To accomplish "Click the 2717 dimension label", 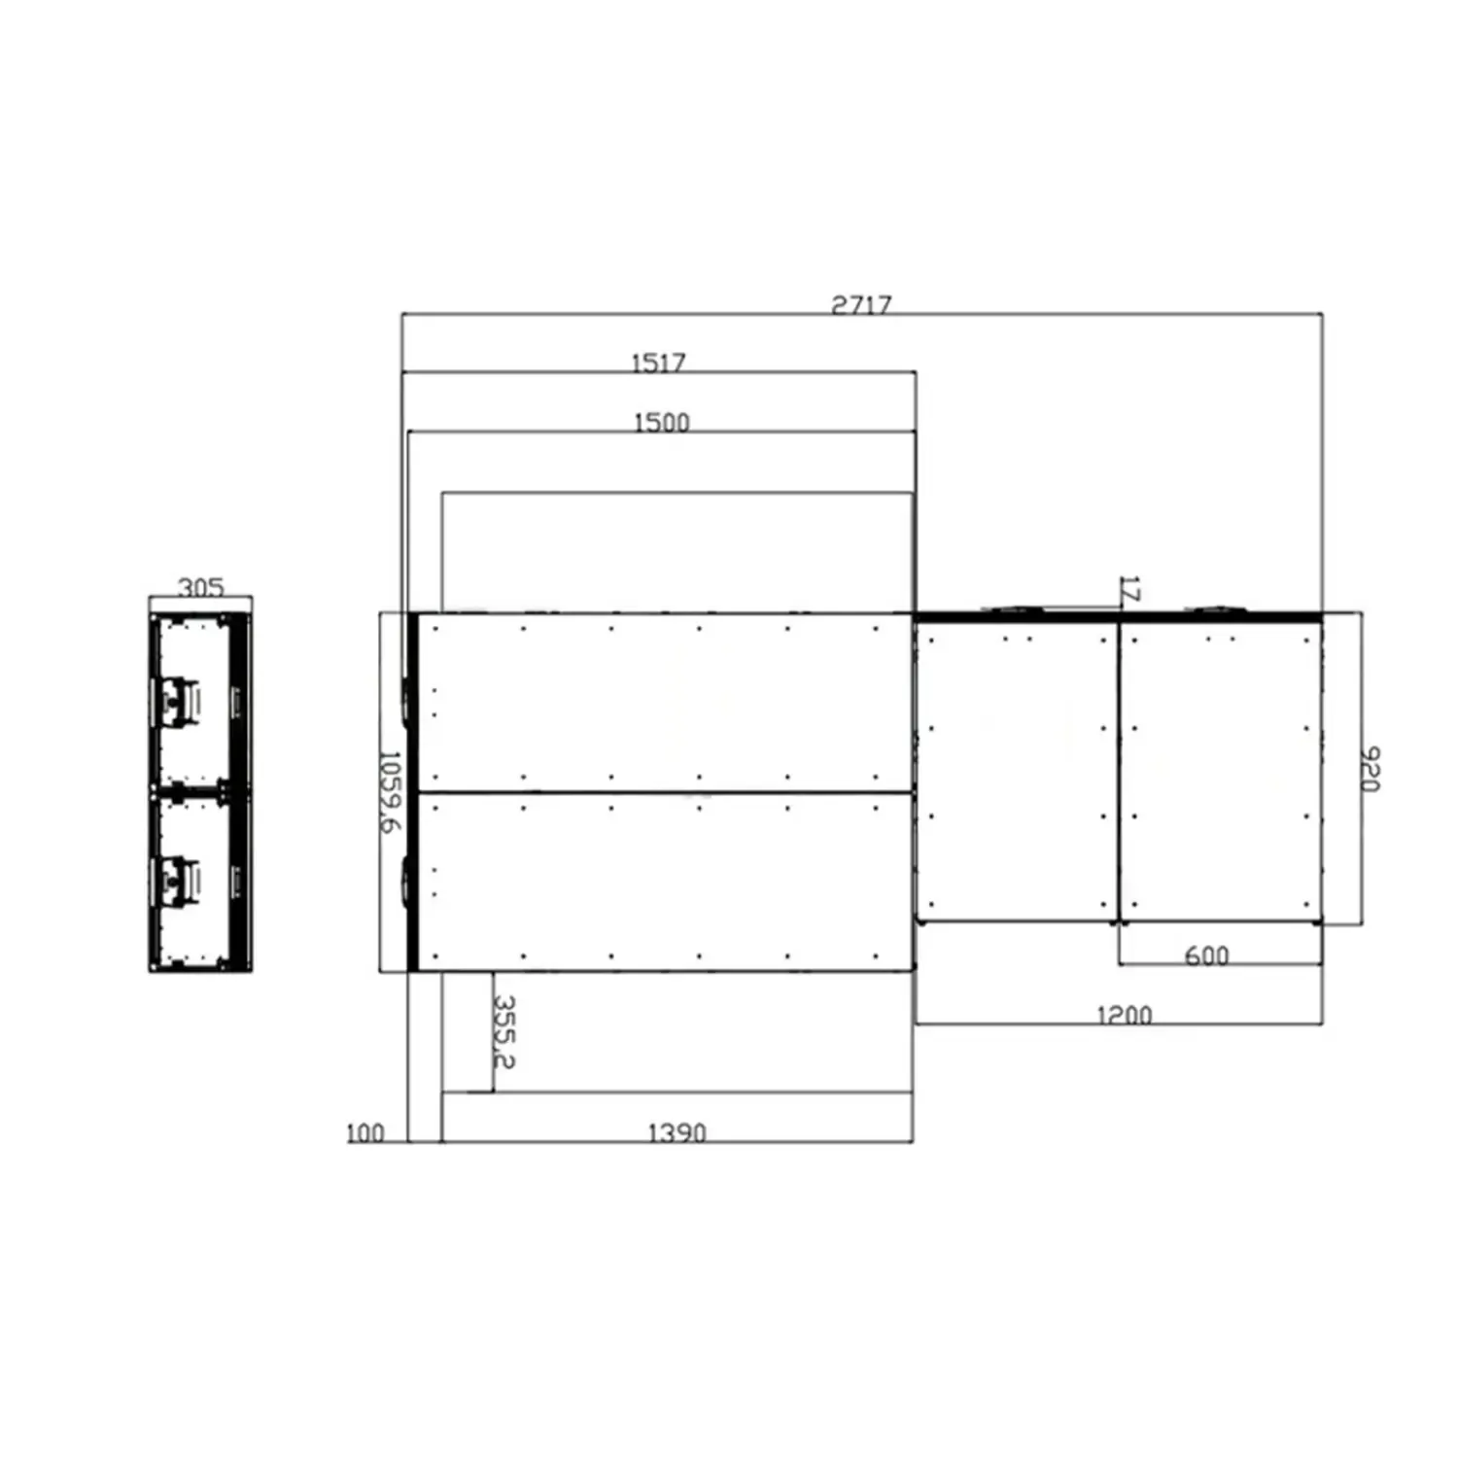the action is click(x=861, y=304).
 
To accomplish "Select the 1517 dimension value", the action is click(x=659, y=363).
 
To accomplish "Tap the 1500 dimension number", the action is click(x=662, y=423).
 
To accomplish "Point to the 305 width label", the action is click(x=201, y=587).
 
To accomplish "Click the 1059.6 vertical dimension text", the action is click(x=389, y=791).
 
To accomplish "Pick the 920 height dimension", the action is click(x=1370, y=769).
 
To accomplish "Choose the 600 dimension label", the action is click(x=1206, y=955).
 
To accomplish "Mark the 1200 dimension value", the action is click(x=1125, y=1015).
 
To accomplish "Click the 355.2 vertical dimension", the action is click(x=503, y=1030).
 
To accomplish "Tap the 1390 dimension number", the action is click(x=677, y=1132).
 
